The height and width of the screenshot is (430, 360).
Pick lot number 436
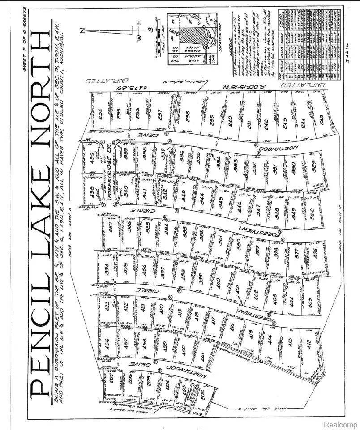tap(94, 158)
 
